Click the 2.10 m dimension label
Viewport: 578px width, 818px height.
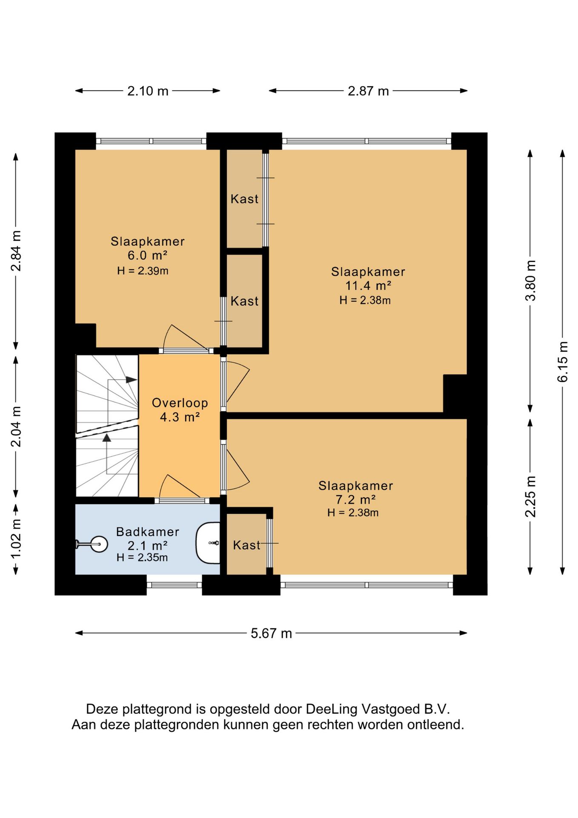[148, 91]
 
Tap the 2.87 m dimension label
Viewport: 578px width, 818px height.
[368, 91]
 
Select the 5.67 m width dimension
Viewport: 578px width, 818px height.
[271, 633]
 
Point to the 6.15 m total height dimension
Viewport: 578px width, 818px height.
[563, 362]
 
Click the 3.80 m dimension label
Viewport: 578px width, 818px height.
[530, 280]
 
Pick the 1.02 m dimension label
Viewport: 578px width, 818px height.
[16, 539]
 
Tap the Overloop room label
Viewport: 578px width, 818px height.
[180, 403]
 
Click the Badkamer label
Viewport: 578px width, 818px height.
[148, 532]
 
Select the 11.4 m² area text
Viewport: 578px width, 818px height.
[368, 285]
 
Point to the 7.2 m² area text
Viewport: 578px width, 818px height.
[356, 499]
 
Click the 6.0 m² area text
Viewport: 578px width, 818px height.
[147, 255]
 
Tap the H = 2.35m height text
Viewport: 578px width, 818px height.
[142, 557]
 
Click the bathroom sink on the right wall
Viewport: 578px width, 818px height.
[208, 543]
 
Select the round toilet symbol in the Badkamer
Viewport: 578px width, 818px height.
[99, 544]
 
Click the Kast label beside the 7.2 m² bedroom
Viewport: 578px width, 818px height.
[246, 545]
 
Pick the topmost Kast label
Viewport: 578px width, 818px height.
[244, 199]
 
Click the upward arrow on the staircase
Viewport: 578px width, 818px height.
[107, 438]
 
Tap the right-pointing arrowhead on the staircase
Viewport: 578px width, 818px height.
[131, 380]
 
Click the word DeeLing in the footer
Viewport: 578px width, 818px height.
[332, 709]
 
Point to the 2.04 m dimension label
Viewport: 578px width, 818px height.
[16, 427]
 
